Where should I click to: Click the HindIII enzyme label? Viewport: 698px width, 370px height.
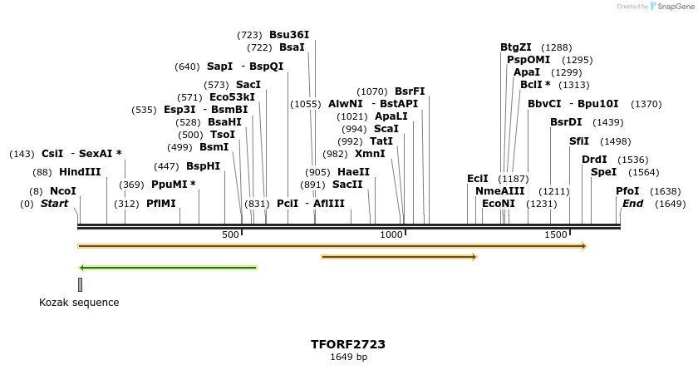[80, 172]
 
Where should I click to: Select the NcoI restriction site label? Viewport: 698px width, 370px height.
[63, 191]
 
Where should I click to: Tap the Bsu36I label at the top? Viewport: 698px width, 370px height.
[289, 35]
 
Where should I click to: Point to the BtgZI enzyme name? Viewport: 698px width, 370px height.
[515, 47]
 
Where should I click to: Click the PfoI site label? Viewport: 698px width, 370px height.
[627, 191]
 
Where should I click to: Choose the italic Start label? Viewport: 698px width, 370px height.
[54, 204]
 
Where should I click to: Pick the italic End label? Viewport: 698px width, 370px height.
[632, 204]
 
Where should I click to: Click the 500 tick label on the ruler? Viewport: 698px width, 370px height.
[230, 235]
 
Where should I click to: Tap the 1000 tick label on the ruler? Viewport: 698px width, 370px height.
[391, 235]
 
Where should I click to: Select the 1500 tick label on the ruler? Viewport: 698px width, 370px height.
[555, 235]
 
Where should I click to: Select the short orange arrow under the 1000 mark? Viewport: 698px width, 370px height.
[399, 257]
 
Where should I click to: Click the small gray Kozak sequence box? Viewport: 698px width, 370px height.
[80, 284]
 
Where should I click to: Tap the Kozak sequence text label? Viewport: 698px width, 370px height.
[79, 303]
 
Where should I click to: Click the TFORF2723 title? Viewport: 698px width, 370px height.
[348, 344]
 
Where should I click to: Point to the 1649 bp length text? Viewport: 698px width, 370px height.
[348, 358]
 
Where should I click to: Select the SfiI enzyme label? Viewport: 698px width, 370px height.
[579, 141]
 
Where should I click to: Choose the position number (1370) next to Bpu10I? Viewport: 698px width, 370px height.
[646, 104]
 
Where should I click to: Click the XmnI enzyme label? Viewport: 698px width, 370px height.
[370, 154]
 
